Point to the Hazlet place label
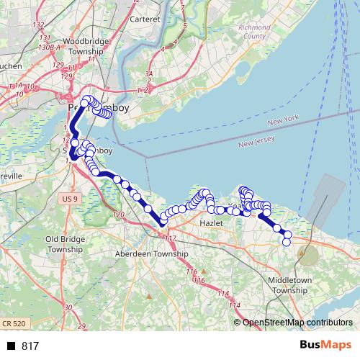click(x=212, y=224)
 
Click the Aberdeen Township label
click(x=152, y=254)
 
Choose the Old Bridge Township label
click(x=66, y=243)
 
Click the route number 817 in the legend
click(x=30, y=346)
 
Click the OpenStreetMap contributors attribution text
click(x=297, y=322)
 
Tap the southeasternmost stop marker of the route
click(x=286, y=242)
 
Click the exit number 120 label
click(x=119, y=215)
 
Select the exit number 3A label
click(x=148, y=73)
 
